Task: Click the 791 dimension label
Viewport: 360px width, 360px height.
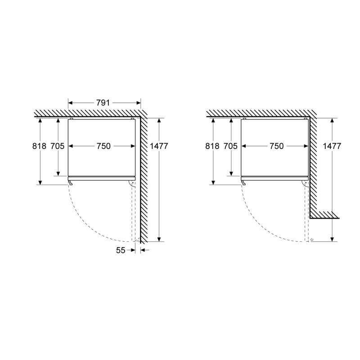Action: (x=103, y=103)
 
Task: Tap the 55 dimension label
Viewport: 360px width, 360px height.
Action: (x=121, y=250)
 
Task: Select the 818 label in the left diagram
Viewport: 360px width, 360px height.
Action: (x=39, y=146)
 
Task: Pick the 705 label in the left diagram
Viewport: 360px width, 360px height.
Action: (x=58, y=146)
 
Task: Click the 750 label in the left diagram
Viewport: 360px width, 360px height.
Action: (x=103, y=146)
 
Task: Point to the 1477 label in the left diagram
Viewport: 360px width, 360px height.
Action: (x=159, y=146)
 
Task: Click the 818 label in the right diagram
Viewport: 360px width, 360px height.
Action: (x=212, y=146)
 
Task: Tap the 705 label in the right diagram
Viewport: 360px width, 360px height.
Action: (x=230, y=146)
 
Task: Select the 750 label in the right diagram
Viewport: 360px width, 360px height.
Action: (x=277, y=146)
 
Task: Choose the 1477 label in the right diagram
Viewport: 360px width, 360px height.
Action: (x=332, y=146)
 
